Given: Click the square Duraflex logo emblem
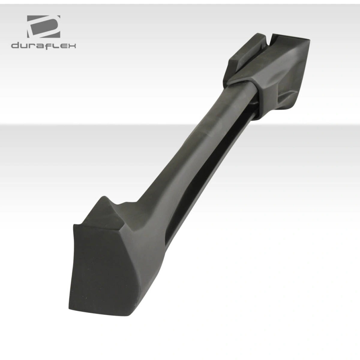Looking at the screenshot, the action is pyautogui.click(x=43, y=27).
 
